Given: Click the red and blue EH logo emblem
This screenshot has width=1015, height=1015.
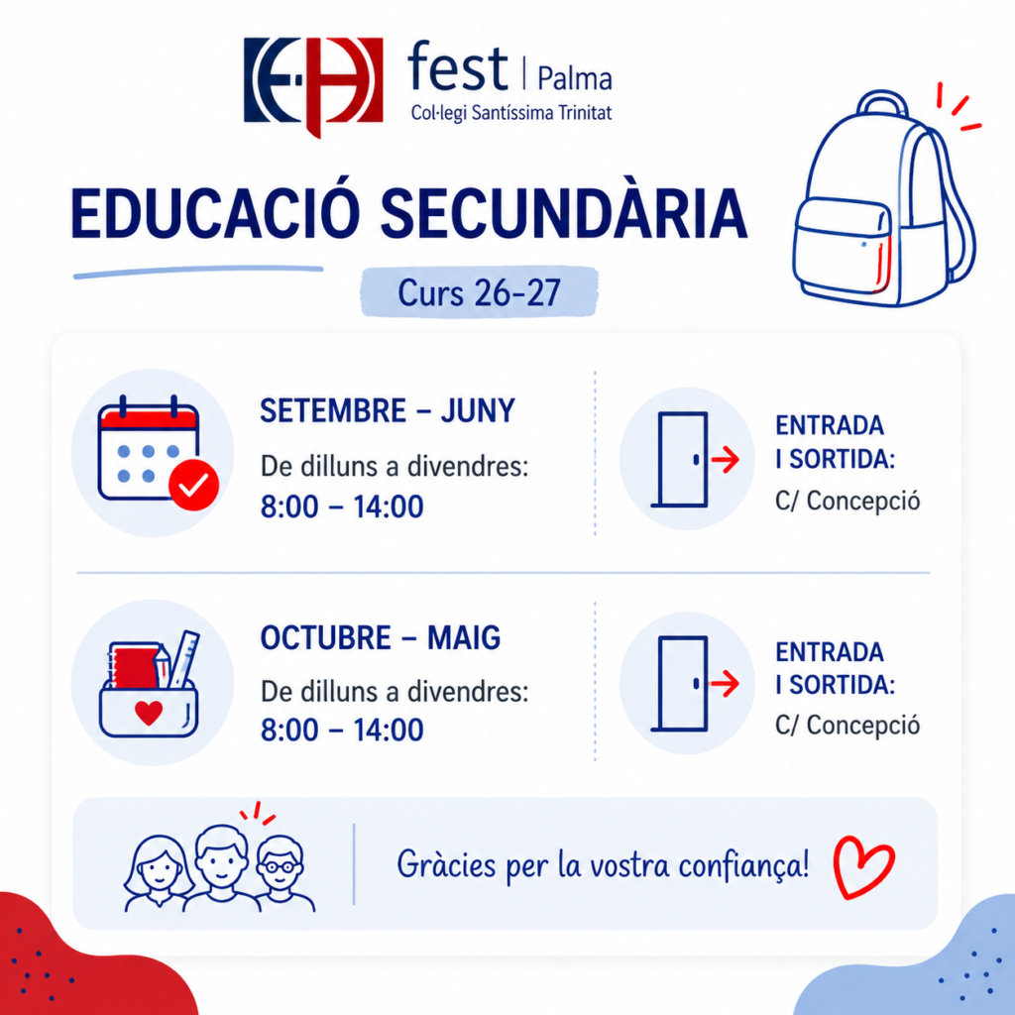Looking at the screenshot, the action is pos(313,84).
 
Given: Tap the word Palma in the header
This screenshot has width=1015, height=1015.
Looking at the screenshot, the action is pos(575,79).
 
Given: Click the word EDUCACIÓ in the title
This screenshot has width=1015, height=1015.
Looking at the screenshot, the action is pos(215,214).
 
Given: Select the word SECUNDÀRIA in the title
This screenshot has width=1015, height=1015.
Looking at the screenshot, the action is pos(564,214).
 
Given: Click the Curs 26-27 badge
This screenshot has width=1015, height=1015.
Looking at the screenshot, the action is pos(479,292).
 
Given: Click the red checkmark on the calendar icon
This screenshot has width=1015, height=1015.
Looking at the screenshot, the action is pos(193,485).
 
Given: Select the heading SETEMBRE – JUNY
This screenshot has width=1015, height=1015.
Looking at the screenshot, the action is pos(388,411).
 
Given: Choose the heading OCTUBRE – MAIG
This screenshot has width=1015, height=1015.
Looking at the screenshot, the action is pos(381,638).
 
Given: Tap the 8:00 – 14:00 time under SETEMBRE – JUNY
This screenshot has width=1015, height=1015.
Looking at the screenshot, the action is pos(342,507).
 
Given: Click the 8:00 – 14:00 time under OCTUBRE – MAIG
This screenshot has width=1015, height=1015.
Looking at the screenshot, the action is pos(342,731).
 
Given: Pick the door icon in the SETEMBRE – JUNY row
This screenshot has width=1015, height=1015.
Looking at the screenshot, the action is pos(681,460).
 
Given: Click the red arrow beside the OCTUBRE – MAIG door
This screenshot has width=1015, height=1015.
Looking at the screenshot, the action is pos(725,684).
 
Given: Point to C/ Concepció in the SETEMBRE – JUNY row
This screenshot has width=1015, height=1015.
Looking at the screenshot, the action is pos(847,501).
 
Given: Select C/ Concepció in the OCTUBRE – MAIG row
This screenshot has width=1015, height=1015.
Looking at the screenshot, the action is pos(847,725).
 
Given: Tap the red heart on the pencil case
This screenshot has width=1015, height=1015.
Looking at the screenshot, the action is pos(149,713).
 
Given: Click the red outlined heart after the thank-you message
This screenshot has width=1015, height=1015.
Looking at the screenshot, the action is pos(863,867).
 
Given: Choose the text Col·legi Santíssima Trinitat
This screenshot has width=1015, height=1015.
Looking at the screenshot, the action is pos(511,114).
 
